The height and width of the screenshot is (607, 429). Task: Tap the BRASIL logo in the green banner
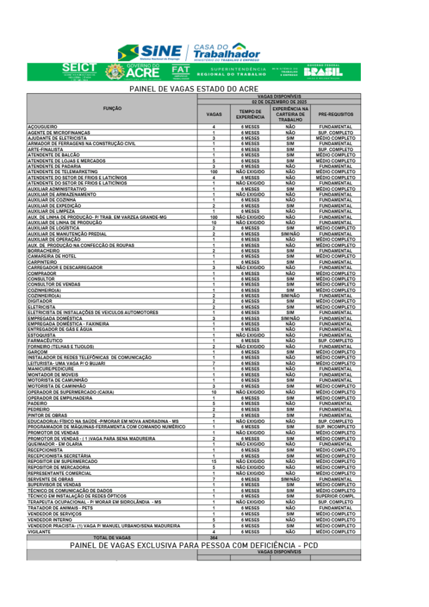(x=323, y=72)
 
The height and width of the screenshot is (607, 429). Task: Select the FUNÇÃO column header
(x=112, y=108)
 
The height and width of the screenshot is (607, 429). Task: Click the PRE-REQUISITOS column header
(x=335, y=113)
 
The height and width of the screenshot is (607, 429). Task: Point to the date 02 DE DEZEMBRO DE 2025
(x=279, y=101)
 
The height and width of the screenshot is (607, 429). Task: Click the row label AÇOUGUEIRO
(x=43, y=127)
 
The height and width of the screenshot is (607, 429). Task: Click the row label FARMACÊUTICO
(x=45, y=341)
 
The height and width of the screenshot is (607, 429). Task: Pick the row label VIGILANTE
(x=40, y=532)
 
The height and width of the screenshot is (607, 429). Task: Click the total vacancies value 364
(x=213, y=537)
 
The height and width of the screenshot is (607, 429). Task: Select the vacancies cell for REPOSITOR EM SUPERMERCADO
(x=213, y=461)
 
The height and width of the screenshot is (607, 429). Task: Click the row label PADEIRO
(x=37, y=403)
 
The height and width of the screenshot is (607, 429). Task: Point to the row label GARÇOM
(x=37, y=352)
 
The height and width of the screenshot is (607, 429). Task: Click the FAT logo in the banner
(x=180, y=72)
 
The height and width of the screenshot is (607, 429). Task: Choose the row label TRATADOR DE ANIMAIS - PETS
(x=60, y=508)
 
